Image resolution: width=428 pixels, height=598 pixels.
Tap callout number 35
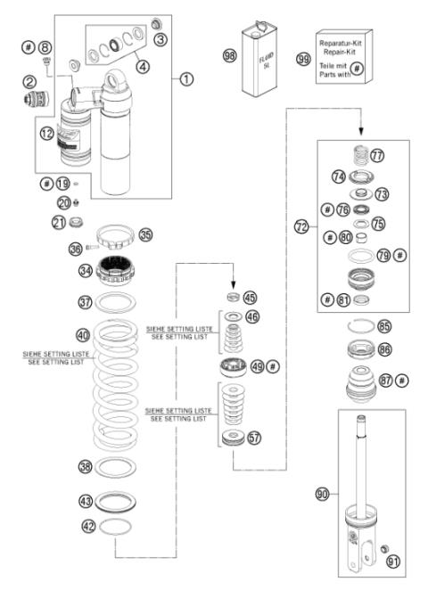(145, 237)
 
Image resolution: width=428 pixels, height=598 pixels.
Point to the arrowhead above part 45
(234, 278)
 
